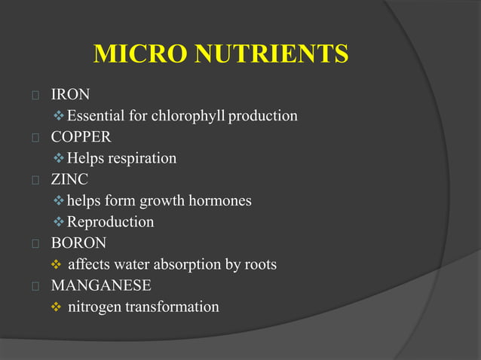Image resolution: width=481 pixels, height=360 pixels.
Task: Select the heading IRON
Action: (x=70, y=95)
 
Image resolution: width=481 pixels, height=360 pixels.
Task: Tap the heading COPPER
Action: (x=81, y=137)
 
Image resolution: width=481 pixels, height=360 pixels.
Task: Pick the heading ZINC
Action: (x=69, y=179)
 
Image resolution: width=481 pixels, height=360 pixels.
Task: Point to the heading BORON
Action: (x=78, y=243)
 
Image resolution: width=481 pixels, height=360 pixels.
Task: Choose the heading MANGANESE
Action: (x=100, y=285)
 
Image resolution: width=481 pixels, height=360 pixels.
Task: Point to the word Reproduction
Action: (x=110, y=222)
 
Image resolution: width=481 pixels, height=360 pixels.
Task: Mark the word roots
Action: (x=260, y=264)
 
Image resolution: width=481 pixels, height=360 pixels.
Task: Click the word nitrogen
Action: (x=94, y=307)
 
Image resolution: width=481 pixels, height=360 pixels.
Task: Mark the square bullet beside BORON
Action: (x=35, y=243)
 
